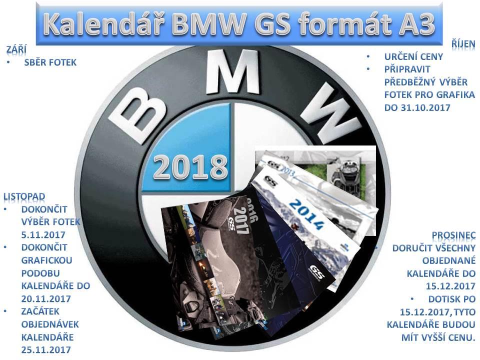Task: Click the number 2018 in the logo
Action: tap(190, 167)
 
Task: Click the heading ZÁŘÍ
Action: tap(16, 49)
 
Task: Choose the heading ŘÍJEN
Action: tap(463, 44)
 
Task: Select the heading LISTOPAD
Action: tap(24, 196)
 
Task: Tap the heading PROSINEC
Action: tap(453, 235)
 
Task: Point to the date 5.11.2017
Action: tap(43, 235)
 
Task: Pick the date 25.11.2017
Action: tap(46, 349)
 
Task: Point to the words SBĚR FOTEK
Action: tap(50, 62)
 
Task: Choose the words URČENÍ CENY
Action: tap(413, 56)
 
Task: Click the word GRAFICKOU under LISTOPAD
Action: tap(47, 260)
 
